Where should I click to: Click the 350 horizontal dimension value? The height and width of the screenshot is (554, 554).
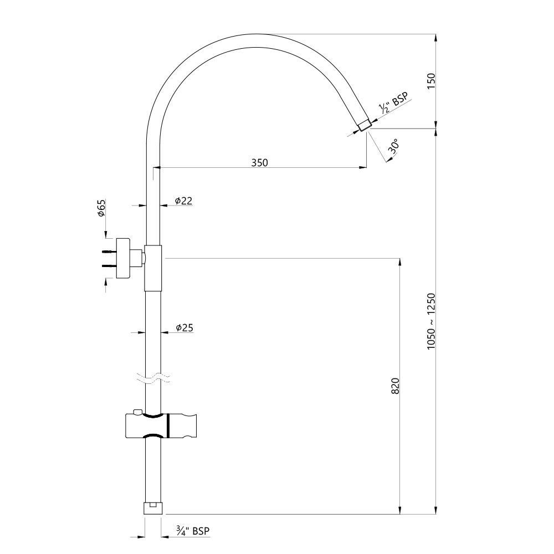click(x=259, y=162)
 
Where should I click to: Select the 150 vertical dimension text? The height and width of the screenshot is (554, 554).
click(x=432, y=80)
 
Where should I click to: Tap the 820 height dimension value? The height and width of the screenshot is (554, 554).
click(x=395, y=386)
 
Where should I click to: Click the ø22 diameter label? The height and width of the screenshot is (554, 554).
click(x=183, y=201)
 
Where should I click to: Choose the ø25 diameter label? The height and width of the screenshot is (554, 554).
click(x=184, y=327)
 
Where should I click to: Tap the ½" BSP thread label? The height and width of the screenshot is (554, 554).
click(x=393, y=104)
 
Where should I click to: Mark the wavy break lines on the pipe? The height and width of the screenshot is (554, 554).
click(x=153, y=378)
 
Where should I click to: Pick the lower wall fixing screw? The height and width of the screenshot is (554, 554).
click(x=109, y=265)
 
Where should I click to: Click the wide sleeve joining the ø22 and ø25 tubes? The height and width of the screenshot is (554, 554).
click(x=153, y=267)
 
